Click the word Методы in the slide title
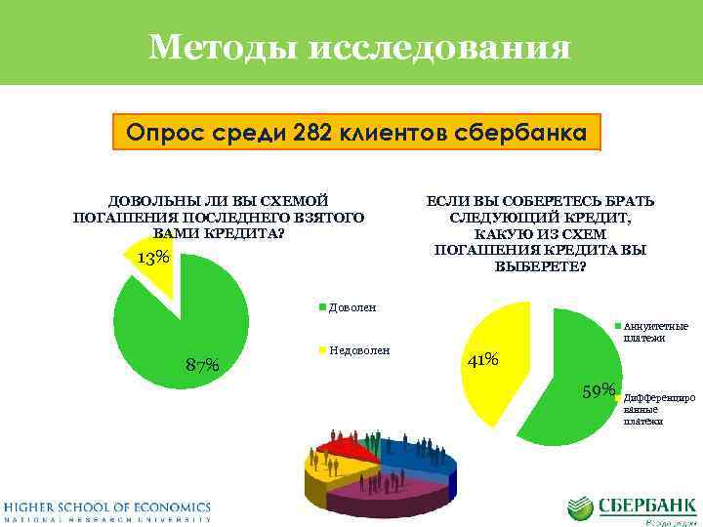222,46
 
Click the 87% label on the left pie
202,365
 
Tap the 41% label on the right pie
483,360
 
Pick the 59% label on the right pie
598,391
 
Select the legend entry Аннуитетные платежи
654,332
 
